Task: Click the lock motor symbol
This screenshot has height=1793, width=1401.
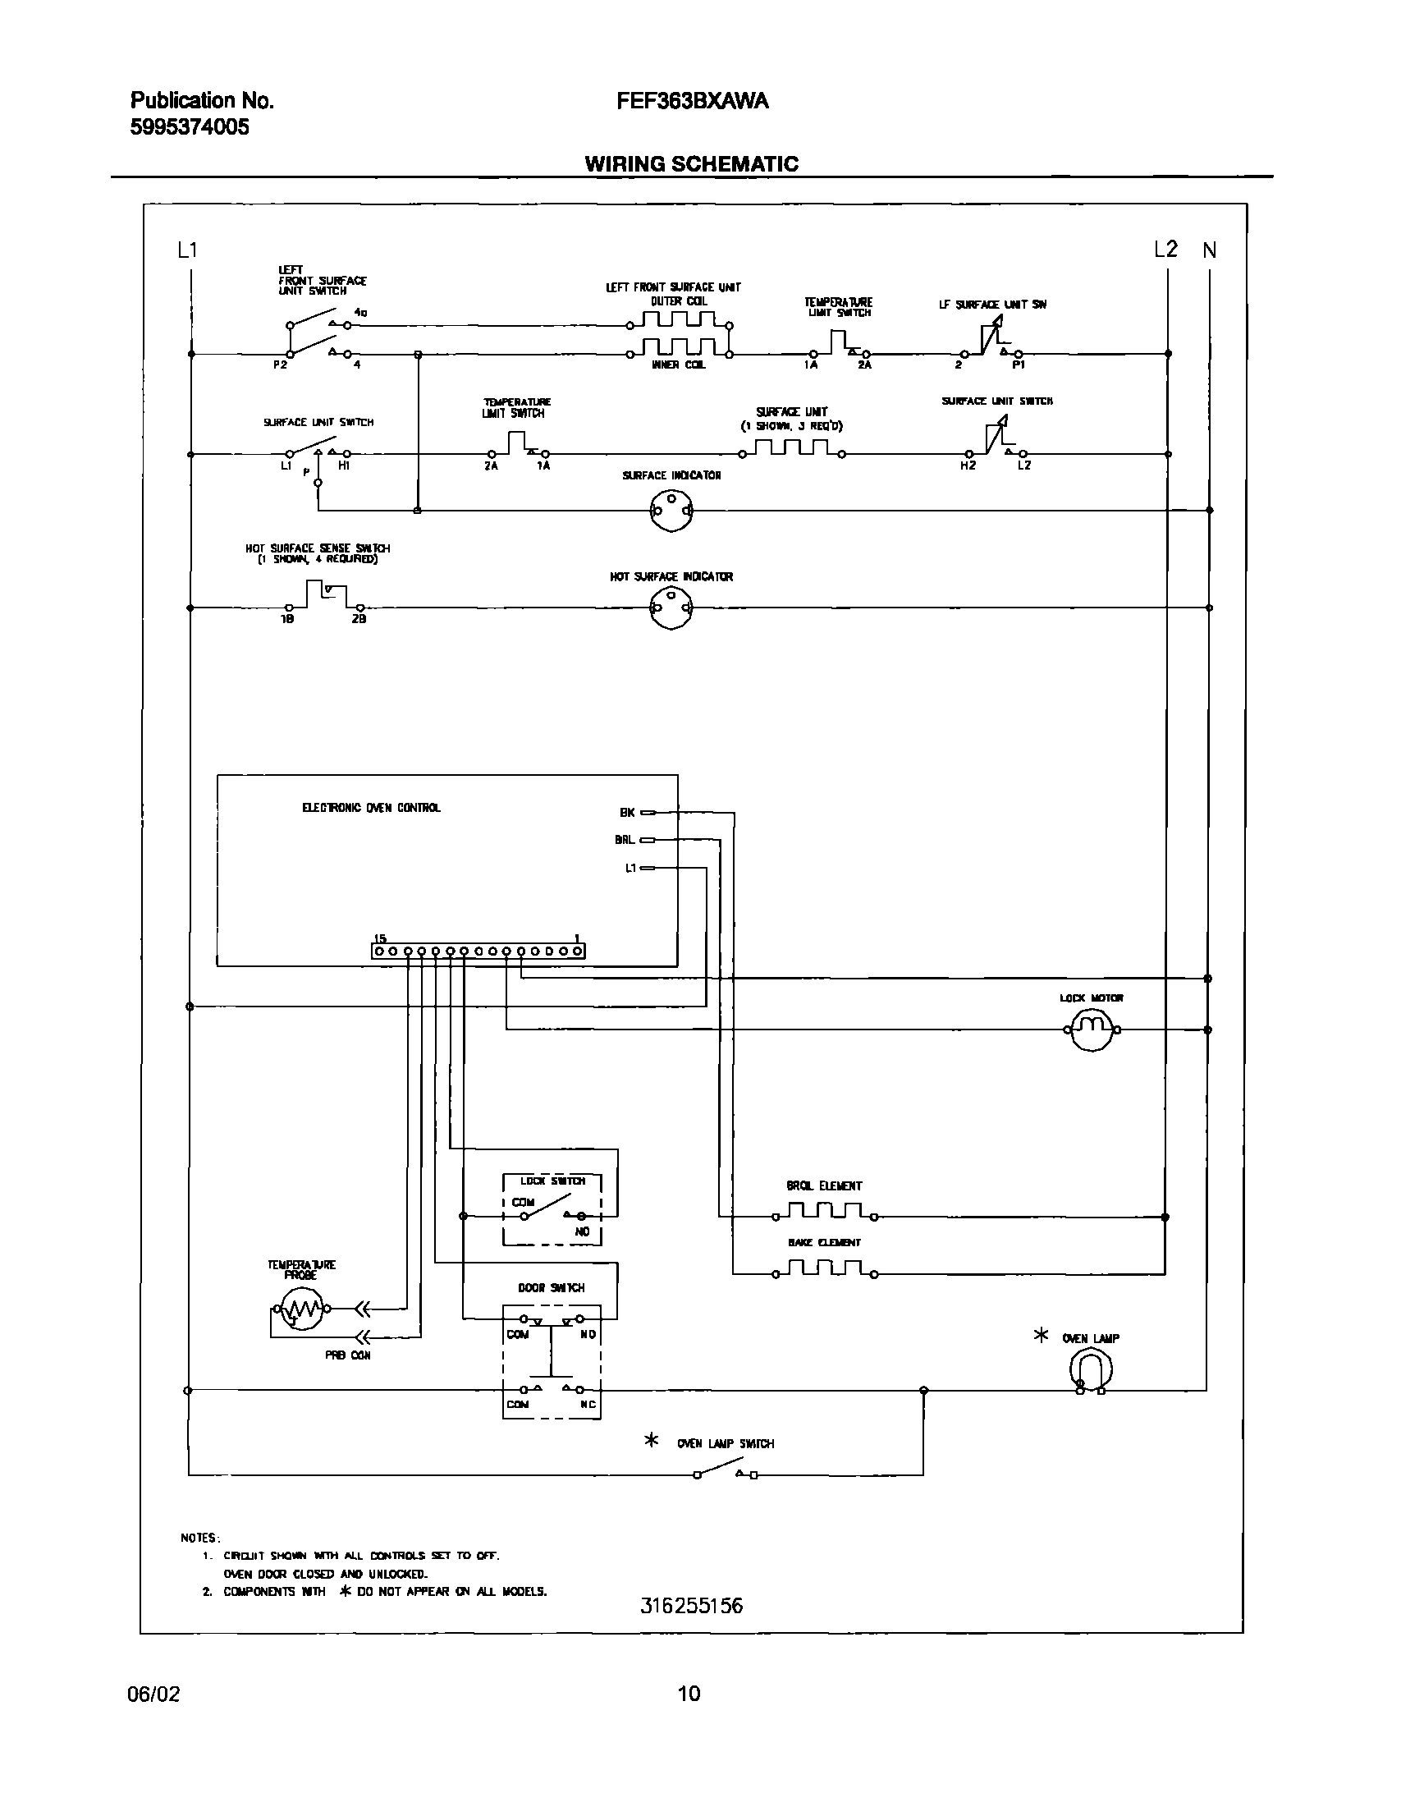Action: pyautogui.click(x=1092, y=1029)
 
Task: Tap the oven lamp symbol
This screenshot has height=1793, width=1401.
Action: pyautogui.click(x=1091, y=1369)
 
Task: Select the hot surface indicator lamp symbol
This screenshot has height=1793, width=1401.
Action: pyautogui.click(x=671, y=608)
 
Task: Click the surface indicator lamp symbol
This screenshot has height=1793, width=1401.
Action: pyautogui.click(x=671, y=511)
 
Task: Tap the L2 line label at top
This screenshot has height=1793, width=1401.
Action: pyautogui.click(x=1165, y=249)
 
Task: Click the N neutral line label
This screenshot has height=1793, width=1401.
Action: pyautogui.click(x=1210, y=250)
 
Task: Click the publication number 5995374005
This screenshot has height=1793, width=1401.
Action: pyautogui.click(x=190, y=127)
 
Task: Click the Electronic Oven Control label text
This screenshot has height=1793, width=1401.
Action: pyautogui.click(x=371, y=808)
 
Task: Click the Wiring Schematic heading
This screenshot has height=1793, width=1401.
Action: pyautogui.click(x=691, y=163)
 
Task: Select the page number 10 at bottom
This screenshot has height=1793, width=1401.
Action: pyautogui.click(x=689, y=1693)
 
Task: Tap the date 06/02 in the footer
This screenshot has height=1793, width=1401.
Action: pyautogui.click(x=153, y=1694)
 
